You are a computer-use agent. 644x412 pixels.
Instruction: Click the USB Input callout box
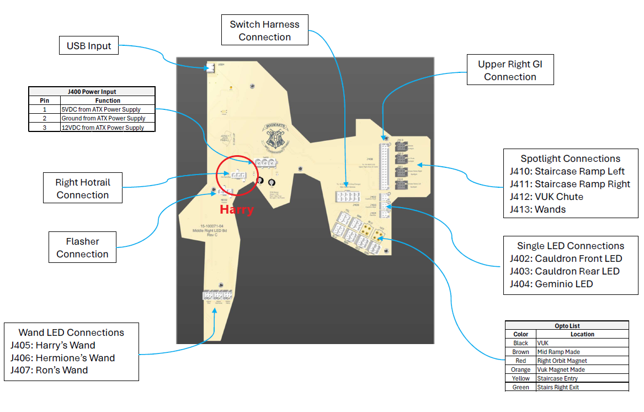pos(89,46)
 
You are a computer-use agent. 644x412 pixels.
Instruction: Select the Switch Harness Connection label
pos(264,30)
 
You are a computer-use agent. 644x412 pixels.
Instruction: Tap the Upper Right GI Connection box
pos(510,70)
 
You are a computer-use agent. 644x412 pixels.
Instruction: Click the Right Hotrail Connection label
pos(82,188)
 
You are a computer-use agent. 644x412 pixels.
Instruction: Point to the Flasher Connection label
pos(82,247)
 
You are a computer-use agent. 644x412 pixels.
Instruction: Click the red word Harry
pos(236,210)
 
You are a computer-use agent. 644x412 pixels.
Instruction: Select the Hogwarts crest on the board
pos(276,136)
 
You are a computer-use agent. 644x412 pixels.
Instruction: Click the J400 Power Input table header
pos(92,92)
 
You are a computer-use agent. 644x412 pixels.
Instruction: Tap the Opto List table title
pos(567,326)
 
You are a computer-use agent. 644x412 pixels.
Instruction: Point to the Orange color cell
pos(520,369)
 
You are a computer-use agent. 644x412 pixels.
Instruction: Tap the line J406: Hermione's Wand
pos(62,358)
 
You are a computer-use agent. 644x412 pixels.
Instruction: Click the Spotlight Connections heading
pos(570,159)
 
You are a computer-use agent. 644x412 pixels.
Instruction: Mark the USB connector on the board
pos(210,68)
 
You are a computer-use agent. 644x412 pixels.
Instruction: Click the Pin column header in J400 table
pos(44,101)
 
